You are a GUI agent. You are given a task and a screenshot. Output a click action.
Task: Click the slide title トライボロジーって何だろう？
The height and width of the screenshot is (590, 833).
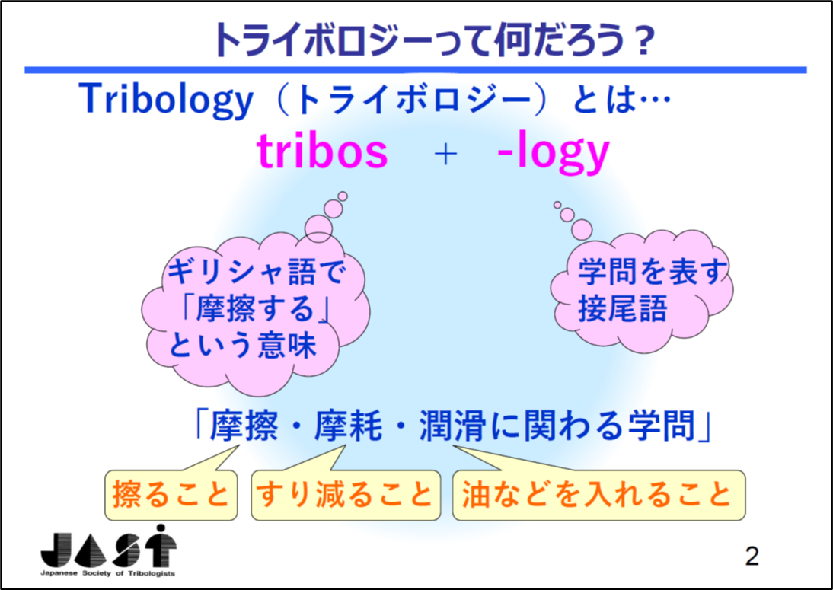[x=432, y=41]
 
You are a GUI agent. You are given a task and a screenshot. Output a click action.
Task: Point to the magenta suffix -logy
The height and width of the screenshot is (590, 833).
[x=553, y=154]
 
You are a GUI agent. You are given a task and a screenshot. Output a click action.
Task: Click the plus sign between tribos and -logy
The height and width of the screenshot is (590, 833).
[x=445, y=155]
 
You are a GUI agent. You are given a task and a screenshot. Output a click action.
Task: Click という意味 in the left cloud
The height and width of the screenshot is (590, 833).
[x=243, y=345]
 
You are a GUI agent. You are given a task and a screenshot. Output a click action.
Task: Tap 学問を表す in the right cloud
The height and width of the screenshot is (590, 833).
[x=651, y=271]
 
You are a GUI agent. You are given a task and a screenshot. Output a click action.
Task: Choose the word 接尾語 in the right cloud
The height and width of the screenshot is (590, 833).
[x=622, y=308]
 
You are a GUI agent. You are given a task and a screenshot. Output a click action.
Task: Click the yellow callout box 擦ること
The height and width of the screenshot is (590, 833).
[x=171, y=494]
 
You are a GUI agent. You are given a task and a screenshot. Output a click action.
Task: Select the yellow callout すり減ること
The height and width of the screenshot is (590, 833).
[x=346, y=494]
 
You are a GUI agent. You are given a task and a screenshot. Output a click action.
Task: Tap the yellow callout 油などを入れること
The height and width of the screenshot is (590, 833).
[x=598, y=494]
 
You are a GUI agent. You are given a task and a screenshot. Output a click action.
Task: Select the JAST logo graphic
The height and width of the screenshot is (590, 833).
[x=109, y=547]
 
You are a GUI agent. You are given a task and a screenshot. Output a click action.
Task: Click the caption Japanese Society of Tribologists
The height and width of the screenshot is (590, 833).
[x=108, y=574]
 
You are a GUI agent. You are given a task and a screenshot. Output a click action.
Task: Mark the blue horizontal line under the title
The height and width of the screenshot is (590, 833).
[x=416, y=70]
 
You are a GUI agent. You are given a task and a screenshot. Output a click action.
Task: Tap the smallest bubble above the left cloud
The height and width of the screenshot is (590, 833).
[x=343, y=196]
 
